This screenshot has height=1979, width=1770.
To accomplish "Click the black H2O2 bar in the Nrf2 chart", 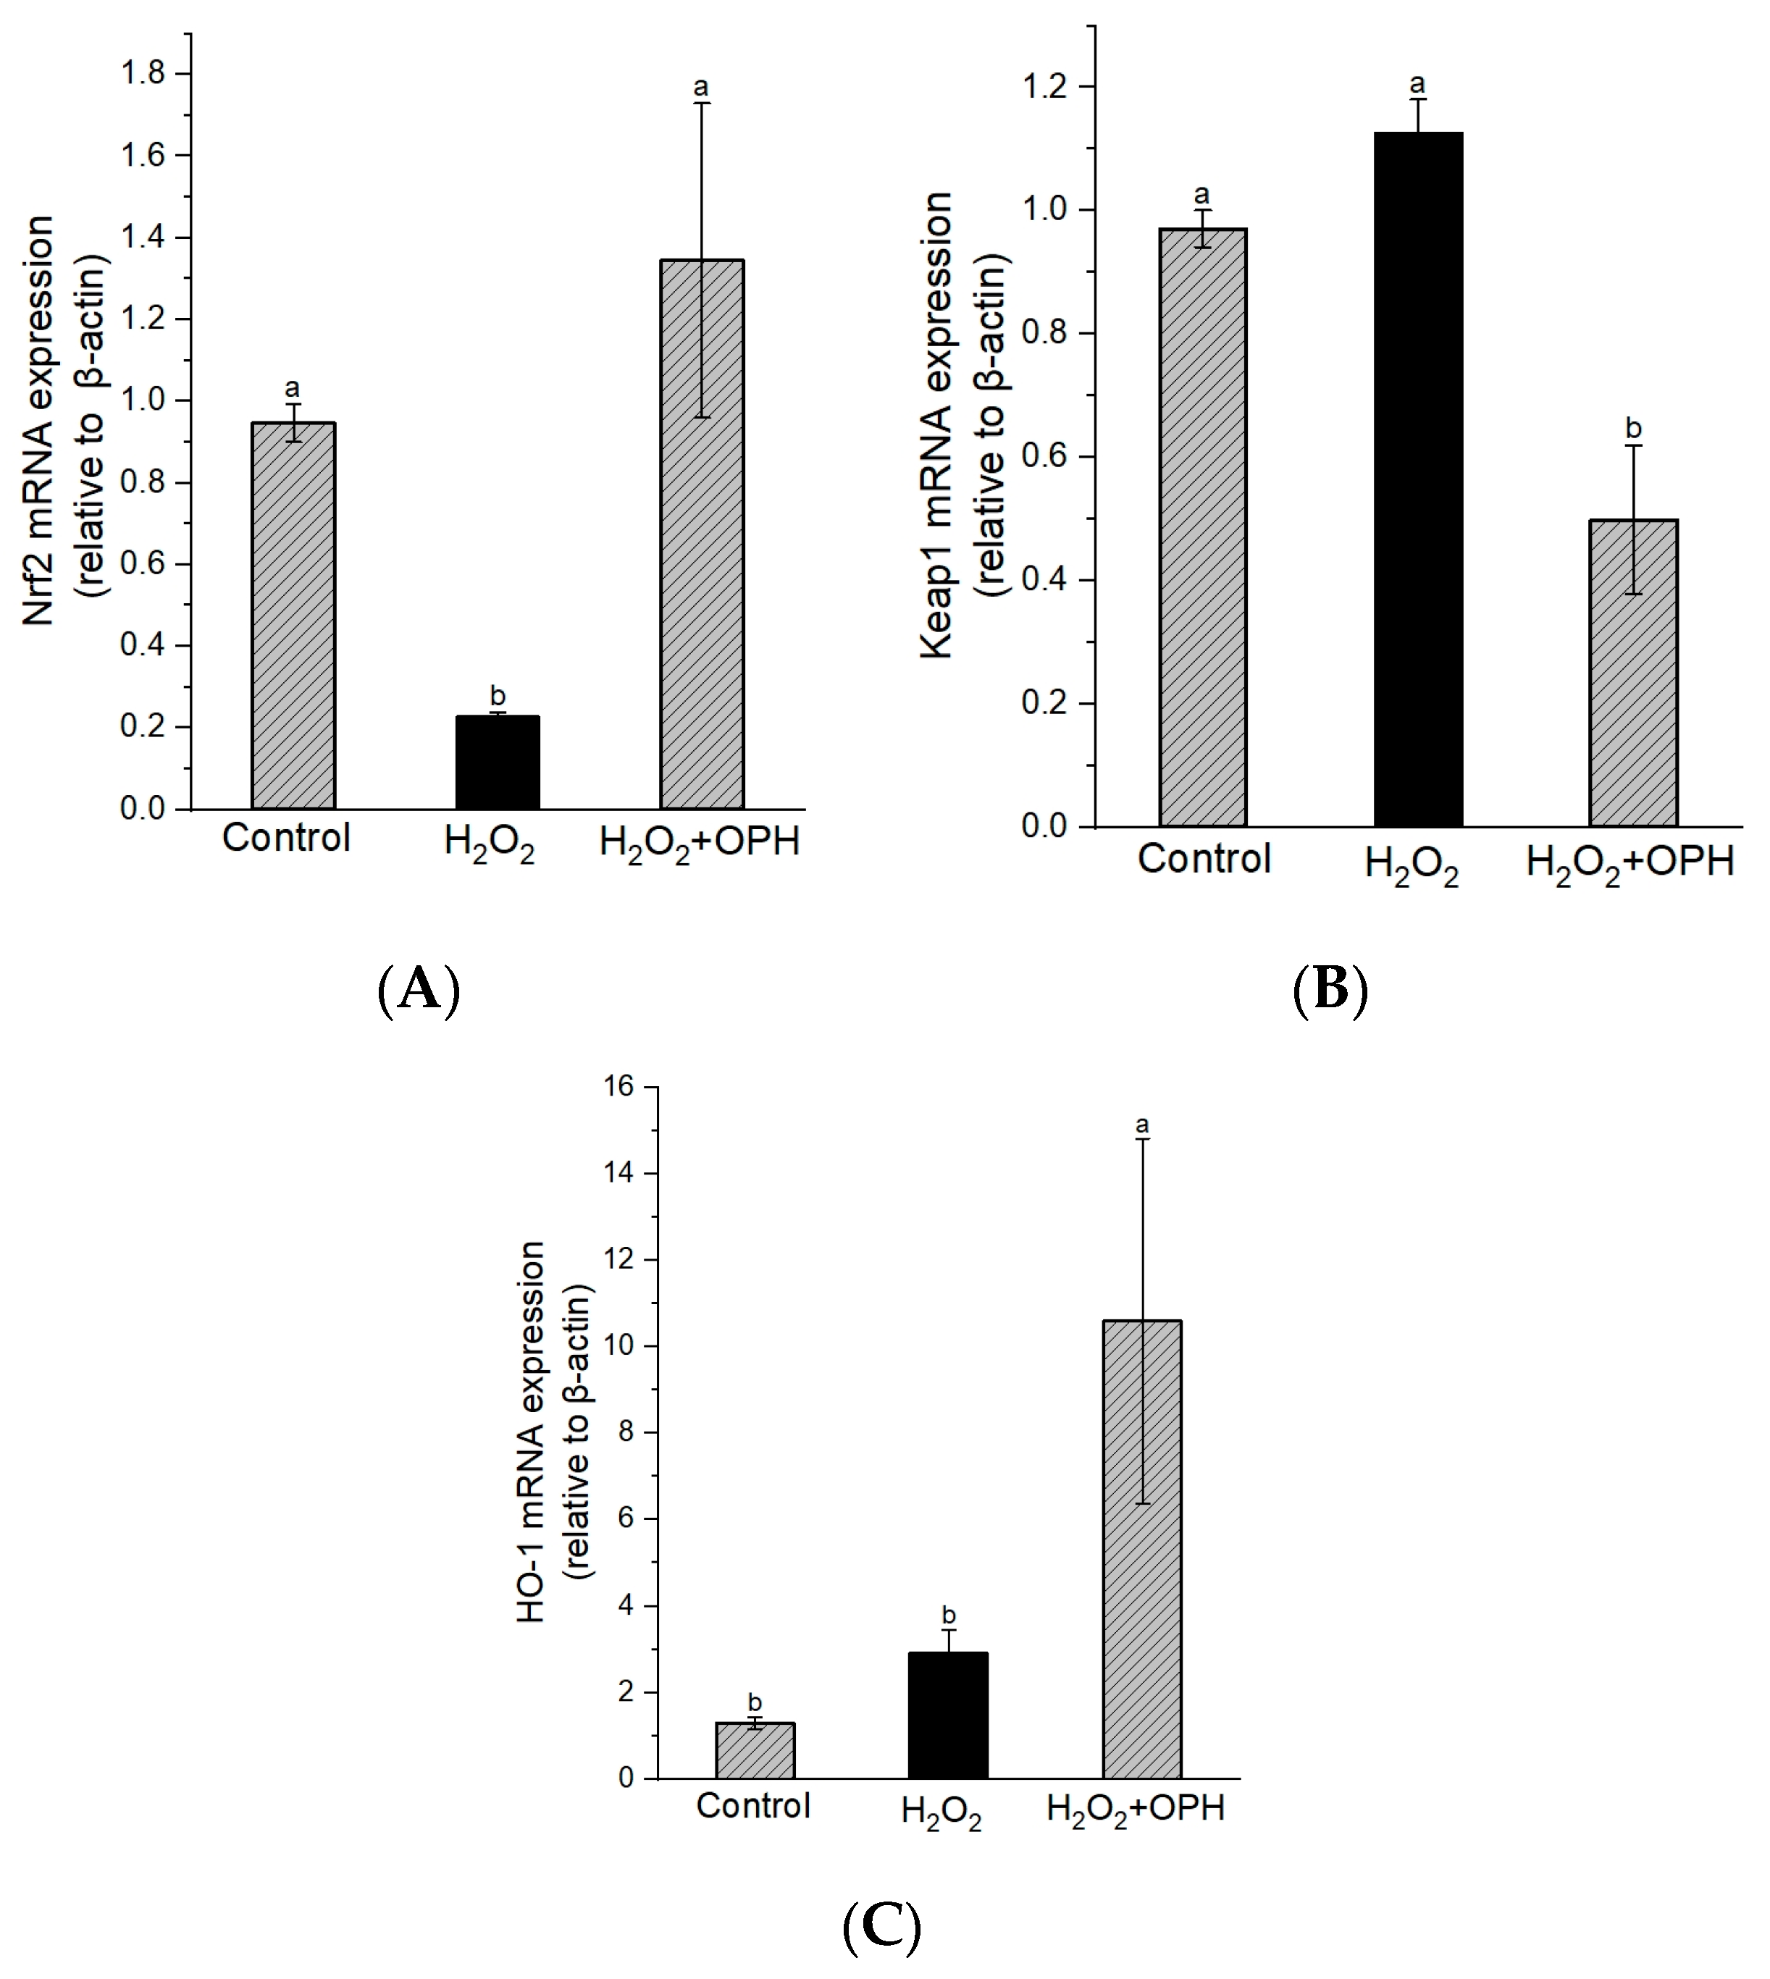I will click(497, 762).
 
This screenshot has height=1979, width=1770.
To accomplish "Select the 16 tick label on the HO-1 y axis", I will click(618, 1086).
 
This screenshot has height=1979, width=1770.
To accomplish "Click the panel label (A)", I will click(418, 990).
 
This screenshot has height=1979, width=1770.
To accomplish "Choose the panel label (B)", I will click(1330, 990).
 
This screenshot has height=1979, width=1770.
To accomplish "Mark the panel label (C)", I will click(881, 1925).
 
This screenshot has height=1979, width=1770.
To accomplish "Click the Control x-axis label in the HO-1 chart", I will click(752, 1806).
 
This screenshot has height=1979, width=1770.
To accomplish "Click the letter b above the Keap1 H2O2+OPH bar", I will click(1633, 428).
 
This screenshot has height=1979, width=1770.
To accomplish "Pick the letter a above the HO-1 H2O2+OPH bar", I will click(1142, 1125).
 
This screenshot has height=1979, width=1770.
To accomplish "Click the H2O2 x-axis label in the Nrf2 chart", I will click(489, 842).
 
